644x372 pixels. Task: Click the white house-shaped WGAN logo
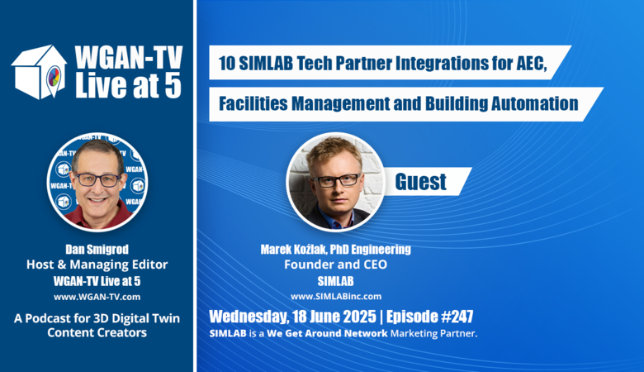(x=39, y=72)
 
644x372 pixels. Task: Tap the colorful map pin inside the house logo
(x=54, y=77)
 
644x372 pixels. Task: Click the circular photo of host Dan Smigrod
(x=97, y=181)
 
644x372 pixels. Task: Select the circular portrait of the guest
(x=335, y=181)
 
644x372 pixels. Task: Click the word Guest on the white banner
(x=420, y=182)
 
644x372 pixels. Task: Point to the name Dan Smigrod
(x=97, y=249)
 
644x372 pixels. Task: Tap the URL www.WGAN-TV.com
(x=97, y=297)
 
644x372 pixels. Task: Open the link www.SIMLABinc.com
(x=336, y=297)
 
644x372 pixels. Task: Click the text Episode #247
(x=429, y=317)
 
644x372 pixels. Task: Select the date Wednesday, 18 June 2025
(x=292, y=317)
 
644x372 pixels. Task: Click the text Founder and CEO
(x=335, y=265)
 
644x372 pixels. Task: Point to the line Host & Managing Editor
(x=97, y=265)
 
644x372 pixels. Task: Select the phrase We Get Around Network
(x=327, y=333)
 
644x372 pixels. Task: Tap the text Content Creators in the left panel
(x=97, y=332)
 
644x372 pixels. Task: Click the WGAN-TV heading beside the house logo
(x=129, y=57)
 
